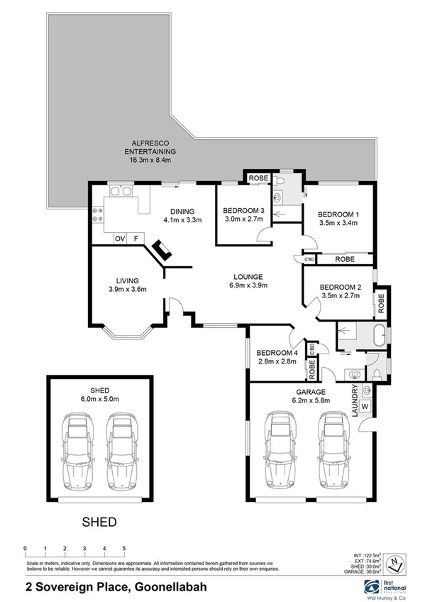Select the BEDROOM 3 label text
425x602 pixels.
(x=243, y=210)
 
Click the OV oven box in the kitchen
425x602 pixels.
(x=120, y=239)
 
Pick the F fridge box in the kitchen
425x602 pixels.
(x=138, y=239)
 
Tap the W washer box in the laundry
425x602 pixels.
(x=365, y=407)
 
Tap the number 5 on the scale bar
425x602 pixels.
(x=123, y=549)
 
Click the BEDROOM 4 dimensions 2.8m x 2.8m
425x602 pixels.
(x=277, y=360)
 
